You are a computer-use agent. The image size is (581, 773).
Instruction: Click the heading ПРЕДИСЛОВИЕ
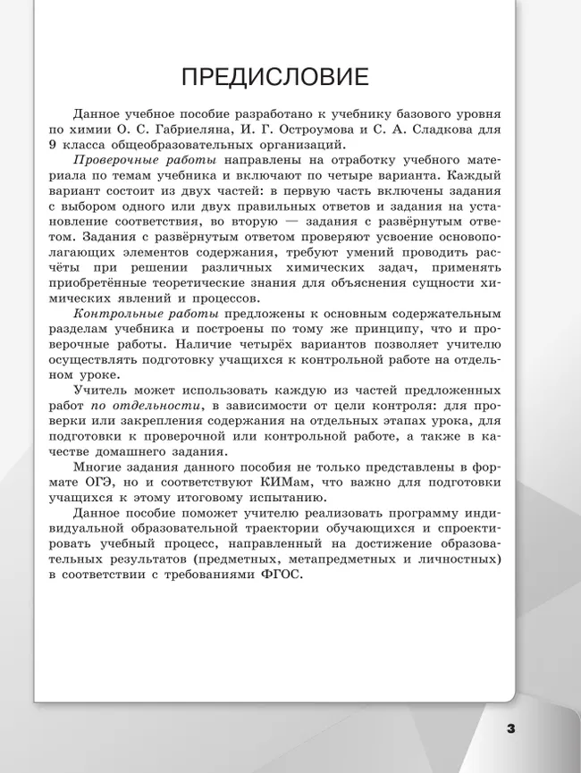point(274,77)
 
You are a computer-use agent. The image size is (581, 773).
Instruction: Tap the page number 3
point(510,728)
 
